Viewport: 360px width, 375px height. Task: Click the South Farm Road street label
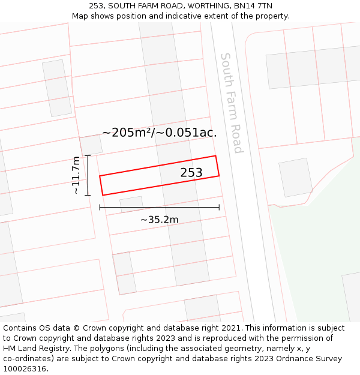232,103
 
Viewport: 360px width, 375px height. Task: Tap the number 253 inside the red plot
191,173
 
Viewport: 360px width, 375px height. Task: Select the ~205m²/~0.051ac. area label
160,133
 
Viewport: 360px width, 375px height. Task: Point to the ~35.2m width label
160,220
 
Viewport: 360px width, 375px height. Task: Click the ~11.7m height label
76,175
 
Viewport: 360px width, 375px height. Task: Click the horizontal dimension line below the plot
160,208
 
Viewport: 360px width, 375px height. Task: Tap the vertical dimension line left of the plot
88,175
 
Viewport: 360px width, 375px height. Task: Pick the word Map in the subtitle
80,16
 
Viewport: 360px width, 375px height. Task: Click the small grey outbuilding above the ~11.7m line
91,145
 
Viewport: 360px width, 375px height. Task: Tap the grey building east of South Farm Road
295,177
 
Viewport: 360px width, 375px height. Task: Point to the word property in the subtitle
271,16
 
